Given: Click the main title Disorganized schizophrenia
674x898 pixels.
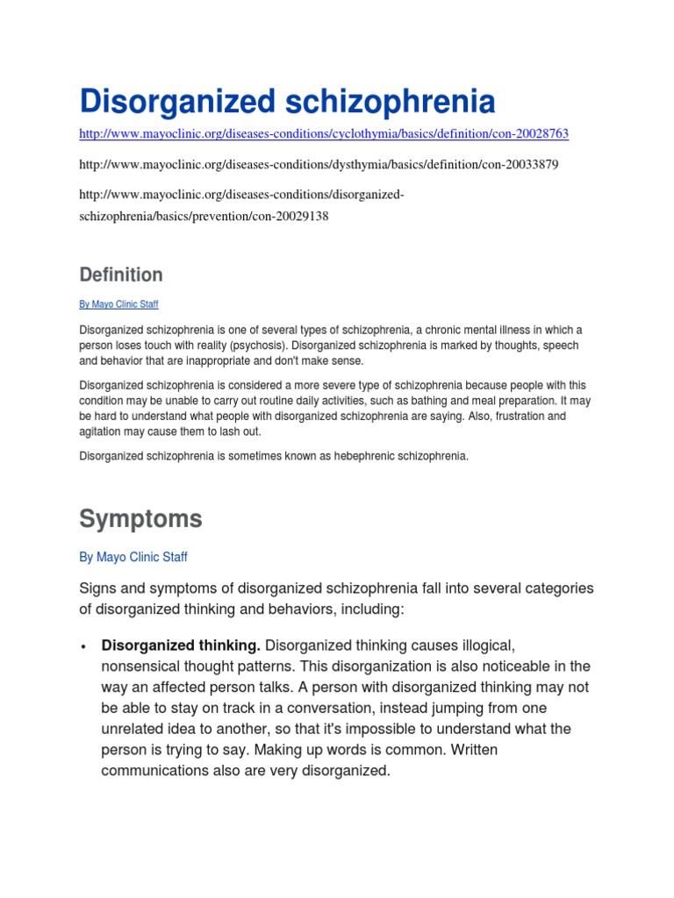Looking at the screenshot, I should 287,102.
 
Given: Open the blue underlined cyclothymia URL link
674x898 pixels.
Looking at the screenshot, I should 324,134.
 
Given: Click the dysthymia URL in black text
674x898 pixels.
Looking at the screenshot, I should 319,164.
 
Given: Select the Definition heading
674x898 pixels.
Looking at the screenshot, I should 121,274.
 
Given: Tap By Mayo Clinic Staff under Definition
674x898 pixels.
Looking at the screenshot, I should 118,304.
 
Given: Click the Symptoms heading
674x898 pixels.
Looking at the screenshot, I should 140,518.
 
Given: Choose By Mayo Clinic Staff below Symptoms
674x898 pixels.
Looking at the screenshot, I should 133,557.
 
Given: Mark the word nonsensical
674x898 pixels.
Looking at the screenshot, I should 146,666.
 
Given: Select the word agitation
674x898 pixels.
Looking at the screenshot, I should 101,431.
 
